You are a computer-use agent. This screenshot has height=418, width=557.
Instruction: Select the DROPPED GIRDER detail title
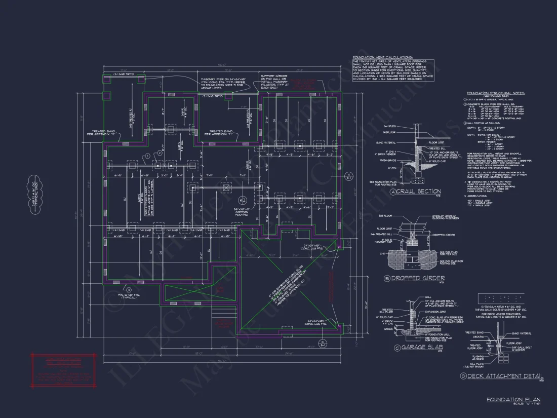(x=421, y=278)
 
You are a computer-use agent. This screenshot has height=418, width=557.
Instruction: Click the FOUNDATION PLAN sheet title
(x=513, y=400)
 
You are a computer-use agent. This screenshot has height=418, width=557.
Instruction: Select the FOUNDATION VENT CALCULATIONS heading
(x=382, y=57)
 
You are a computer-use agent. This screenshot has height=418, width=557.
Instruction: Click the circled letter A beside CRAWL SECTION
(x=393, y=192)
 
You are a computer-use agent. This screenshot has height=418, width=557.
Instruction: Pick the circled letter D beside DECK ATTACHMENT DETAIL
(x=463, y=376)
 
